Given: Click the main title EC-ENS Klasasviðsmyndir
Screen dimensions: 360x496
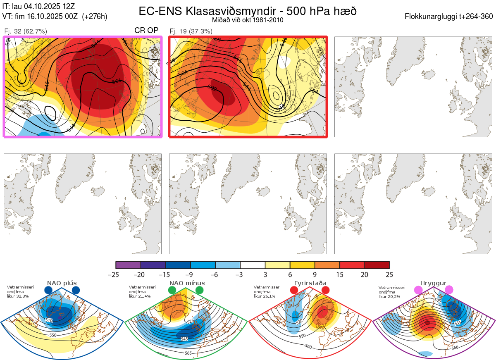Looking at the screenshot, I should coord(248,11).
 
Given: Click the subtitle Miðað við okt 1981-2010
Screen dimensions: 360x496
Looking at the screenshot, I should coord(248,20).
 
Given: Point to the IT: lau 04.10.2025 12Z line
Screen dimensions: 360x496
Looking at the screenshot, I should coord(39,6).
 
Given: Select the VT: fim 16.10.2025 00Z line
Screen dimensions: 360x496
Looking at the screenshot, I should coord(55,17).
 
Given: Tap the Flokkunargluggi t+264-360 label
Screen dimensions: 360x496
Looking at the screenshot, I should coord(450,17).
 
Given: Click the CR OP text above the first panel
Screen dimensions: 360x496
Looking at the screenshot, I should coord(146,31).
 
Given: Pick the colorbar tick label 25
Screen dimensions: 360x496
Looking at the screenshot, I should coord(389,274).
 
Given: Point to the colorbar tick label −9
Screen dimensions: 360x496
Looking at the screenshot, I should coord(191,274).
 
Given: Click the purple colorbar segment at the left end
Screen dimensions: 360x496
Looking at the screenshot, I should coord(128,265).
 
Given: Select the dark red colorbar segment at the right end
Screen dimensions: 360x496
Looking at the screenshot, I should coord(377,265).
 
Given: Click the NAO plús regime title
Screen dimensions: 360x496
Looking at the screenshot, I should coord(62,283).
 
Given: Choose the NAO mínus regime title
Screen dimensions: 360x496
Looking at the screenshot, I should coord(187,283).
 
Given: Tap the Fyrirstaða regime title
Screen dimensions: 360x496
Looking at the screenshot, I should coord(310,283).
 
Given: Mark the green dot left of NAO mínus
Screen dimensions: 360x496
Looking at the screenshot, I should coord(172,291).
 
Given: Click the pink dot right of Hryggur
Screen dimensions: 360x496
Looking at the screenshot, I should coord(448,290).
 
